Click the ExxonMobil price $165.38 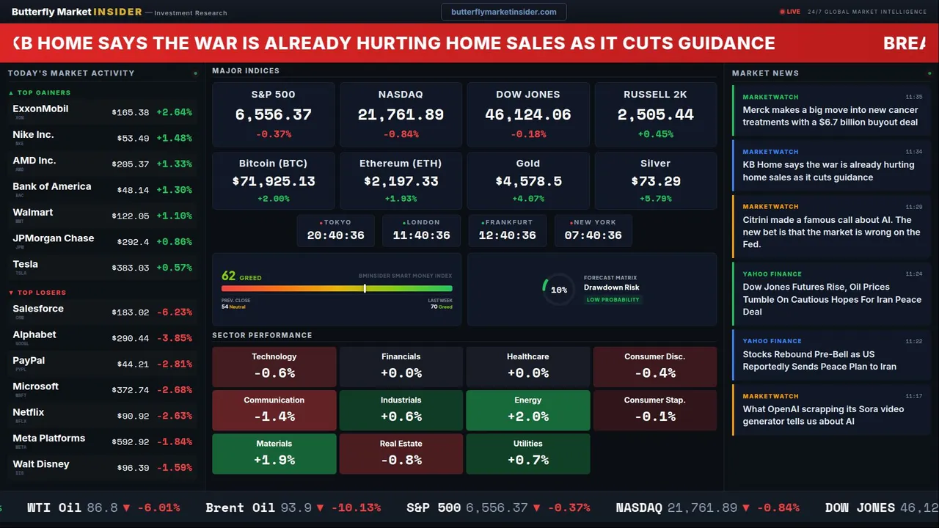131,113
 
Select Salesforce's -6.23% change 175,312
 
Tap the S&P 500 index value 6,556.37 273,115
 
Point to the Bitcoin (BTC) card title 273,164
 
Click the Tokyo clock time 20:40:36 335,235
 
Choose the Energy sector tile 527,410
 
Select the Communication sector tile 274,410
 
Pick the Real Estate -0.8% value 401,461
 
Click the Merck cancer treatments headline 830,116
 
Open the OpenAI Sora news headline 823,415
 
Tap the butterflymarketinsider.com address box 503,12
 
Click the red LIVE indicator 790,12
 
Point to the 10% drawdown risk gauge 558,290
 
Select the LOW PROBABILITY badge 613,300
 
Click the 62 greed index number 229,276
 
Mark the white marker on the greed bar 365,288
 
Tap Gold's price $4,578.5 527,181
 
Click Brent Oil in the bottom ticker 240,507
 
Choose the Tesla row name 26,264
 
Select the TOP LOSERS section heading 41,293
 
